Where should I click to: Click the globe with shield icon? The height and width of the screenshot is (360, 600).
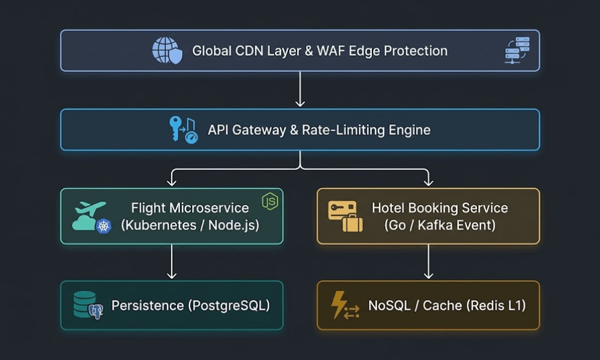167,50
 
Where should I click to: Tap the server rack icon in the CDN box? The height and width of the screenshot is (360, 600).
517,50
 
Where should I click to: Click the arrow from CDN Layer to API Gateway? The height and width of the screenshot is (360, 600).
300,89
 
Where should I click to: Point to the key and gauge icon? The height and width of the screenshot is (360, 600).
184,130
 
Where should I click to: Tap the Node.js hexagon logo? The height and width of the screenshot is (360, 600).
270,201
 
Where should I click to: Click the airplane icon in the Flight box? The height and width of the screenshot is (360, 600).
91,208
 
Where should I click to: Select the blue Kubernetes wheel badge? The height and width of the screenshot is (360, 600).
103,226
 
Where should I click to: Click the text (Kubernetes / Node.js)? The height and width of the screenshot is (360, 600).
190,225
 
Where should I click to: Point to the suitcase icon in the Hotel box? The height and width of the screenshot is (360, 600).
352,223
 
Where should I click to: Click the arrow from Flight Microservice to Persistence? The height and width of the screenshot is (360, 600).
172,262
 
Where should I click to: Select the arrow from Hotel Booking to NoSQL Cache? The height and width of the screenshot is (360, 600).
428,262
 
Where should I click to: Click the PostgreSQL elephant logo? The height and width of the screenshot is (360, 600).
95,311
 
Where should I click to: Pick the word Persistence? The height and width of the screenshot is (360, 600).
148,305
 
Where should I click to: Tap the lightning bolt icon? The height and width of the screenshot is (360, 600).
339,304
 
